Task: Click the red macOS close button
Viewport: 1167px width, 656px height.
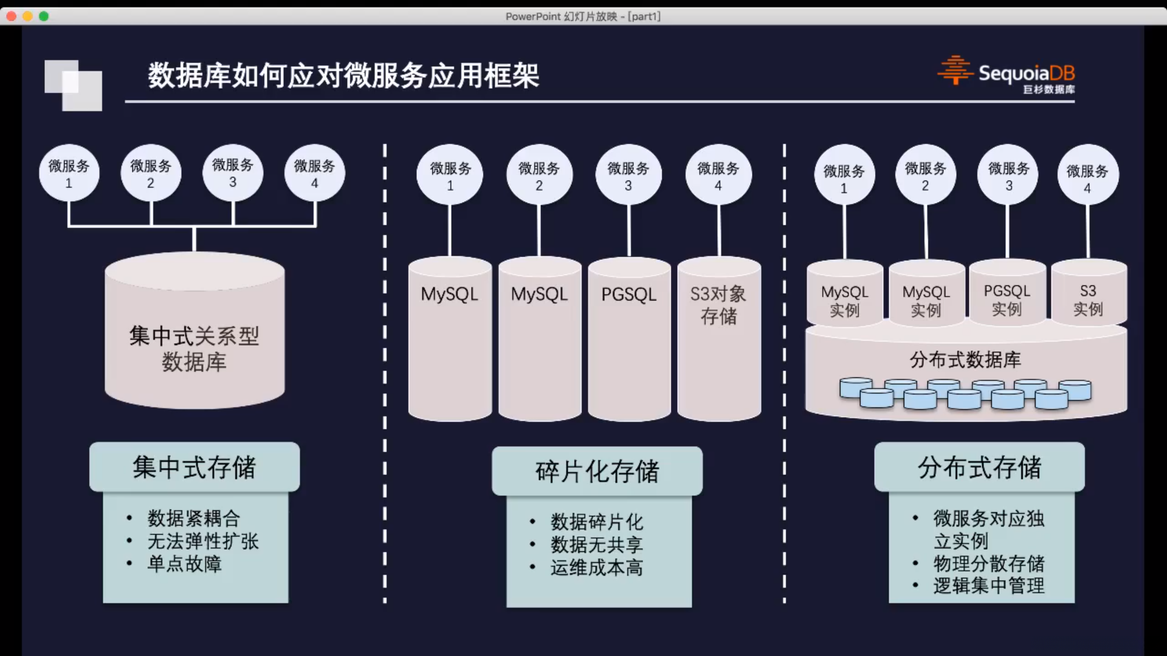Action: (x=12, y=16)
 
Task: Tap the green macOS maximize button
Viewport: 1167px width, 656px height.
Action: (x=44, y=16)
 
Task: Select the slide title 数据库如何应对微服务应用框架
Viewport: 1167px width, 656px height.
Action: (x=343, y=76)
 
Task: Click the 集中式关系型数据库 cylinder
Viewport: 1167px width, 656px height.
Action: (x=194, y=340)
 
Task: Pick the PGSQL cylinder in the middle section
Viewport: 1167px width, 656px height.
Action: (x=629, y=340)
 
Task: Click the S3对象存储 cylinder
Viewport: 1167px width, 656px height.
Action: (x=719, y=340)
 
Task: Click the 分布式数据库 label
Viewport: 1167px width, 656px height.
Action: (x=965, y=360)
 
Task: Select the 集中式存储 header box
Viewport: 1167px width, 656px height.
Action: (x=194, y=467)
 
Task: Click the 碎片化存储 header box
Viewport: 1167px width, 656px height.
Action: (x=597, y=471)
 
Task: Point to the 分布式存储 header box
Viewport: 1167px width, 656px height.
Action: (x=979, y=467)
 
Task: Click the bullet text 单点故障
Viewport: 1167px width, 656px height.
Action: (x=185, y=564)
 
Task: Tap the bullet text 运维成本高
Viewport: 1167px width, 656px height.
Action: (x=597, y=567)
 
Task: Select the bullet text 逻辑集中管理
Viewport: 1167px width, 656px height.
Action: (x=989, y=586)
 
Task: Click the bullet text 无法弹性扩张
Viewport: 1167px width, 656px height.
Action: (x=203, y=541)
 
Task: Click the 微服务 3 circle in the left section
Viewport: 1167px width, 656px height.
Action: (x=233, y=173)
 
